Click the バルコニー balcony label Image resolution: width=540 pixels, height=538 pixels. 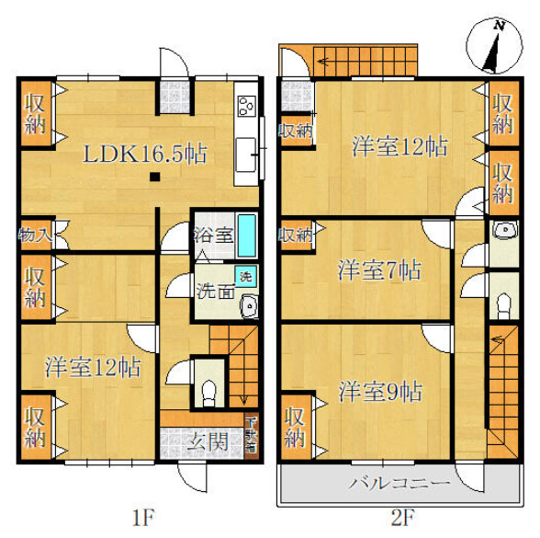(x=398, y=482)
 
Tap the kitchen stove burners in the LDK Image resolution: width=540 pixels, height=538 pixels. (x=246, y=107)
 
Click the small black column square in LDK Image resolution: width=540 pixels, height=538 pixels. (x=156, y=177)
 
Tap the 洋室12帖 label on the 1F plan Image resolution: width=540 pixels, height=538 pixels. (x=93, y=368)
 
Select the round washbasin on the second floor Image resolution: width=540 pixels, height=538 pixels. (x=501, y=231)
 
